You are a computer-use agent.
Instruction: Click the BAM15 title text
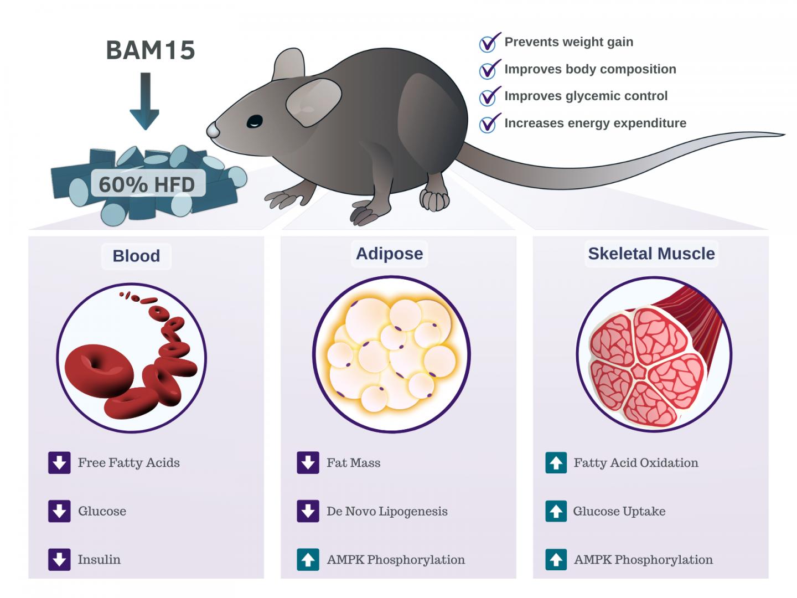tap(150, 50)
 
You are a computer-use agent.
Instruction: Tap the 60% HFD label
tap(147, 184)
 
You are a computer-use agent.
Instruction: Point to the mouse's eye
tap(255, 121)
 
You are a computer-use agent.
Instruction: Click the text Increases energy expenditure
tap(595, 123)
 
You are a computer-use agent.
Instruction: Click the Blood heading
tap(136, 256)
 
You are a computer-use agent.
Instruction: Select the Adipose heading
tap(389, 254)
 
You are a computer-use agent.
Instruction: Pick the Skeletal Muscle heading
tap(651, 254)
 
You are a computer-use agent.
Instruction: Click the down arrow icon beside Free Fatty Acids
tap(59, 463)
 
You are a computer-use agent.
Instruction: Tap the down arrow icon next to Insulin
tap(59, 559)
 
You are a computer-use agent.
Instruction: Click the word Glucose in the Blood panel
tap(102, 511)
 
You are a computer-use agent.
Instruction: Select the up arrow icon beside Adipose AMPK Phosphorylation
tap(308, 559)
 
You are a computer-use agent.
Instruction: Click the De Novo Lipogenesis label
tap(387, 511)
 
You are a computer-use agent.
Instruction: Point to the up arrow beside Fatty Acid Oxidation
tap(556, 463)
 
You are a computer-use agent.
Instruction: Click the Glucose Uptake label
tap(619, 511)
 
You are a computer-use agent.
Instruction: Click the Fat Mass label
tap(353, 463)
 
